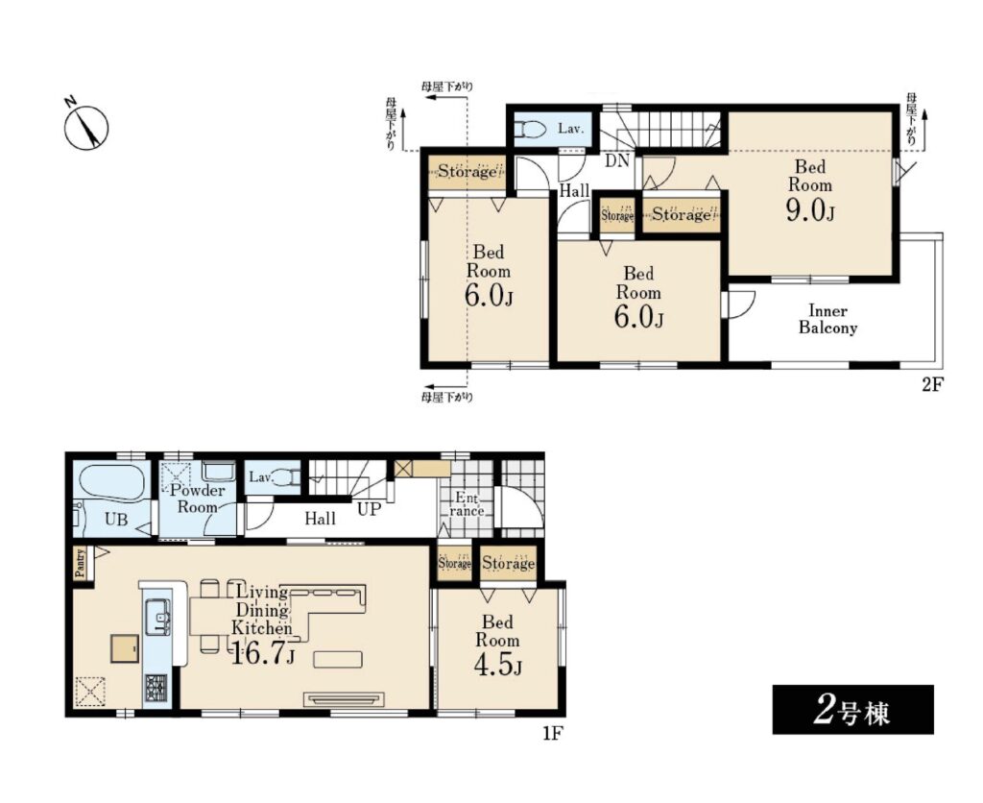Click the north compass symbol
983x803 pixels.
(x=86, y=127)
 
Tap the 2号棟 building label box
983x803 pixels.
(x=852, y=710)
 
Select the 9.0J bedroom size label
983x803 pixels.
(x=810, y=211)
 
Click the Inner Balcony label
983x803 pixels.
(x=827, y=319)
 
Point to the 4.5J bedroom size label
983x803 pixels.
(x=498, y=666)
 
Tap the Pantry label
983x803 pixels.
(x=81, y=563)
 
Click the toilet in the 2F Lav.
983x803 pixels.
(x=530, y=130)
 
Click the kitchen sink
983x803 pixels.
(x=158, y=618)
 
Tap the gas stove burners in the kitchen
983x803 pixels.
(x=156, y=688)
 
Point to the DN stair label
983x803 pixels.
(x=617, y=160)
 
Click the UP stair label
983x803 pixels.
(x=369, y=509)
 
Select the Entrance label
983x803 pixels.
(x=468, y=504)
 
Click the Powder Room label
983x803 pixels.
(x=197, y=499)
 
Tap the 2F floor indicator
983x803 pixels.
(x=931, y=384)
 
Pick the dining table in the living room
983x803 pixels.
(x=214, y=618)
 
